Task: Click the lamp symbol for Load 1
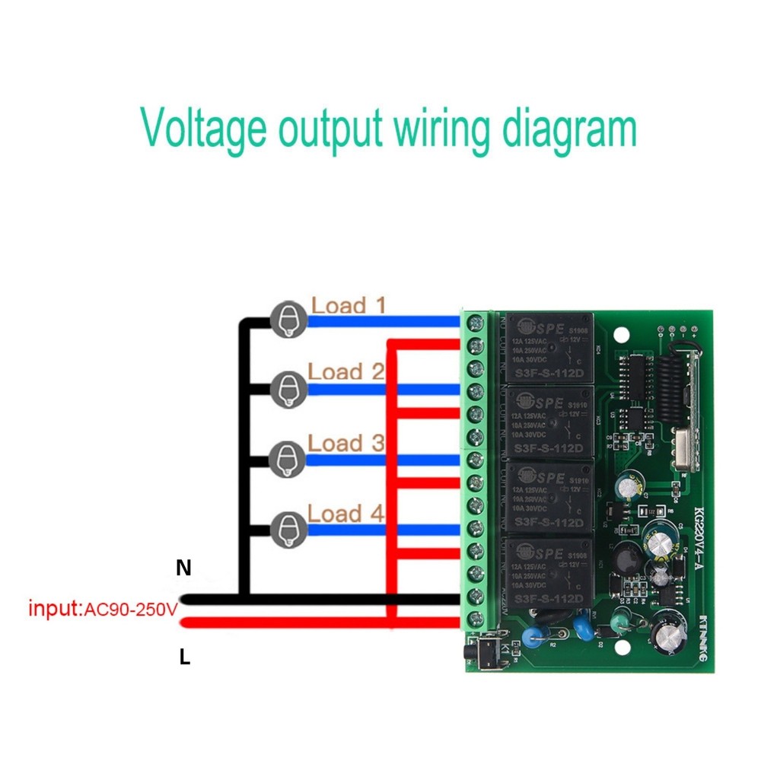coord(288,319)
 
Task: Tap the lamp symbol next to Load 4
coord(288,528)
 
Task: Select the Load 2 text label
coord(346,372)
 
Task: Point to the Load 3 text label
coord(346,443)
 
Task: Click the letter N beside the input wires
coord(183,568)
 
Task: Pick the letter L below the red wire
coord(184,658)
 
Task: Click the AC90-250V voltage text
coord(129,610)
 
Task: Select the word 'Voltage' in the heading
coord(204,129)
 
